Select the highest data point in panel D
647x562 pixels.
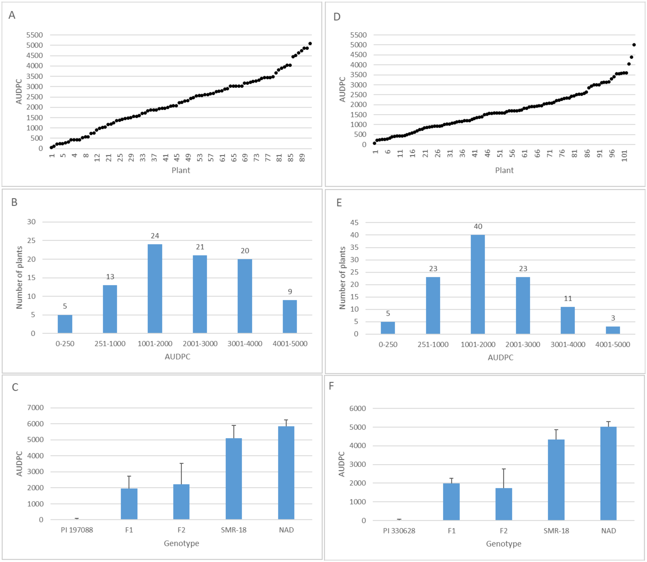tap(634, 45)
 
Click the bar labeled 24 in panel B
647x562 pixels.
tap(155, 288)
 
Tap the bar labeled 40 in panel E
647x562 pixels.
tap(478, 284)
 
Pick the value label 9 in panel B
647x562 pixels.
tap(290, 292)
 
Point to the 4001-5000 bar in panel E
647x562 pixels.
tap(612, 330)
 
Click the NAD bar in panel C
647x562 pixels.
tap(286, 473)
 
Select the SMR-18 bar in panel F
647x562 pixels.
tap(556, 480)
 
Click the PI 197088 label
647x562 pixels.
tap(77, 530)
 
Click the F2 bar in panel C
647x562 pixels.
tap(181, 502)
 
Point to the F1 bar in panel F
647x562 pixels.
tap(451, 502)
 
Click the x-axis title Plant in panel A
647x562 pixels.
tap(181, 170)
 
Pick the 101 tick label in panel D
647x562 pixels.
tap(624, 156)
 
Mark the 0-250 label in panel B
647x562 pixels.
tap(65, 344)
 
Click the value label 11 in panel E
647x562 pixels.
tap(568, 299)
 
